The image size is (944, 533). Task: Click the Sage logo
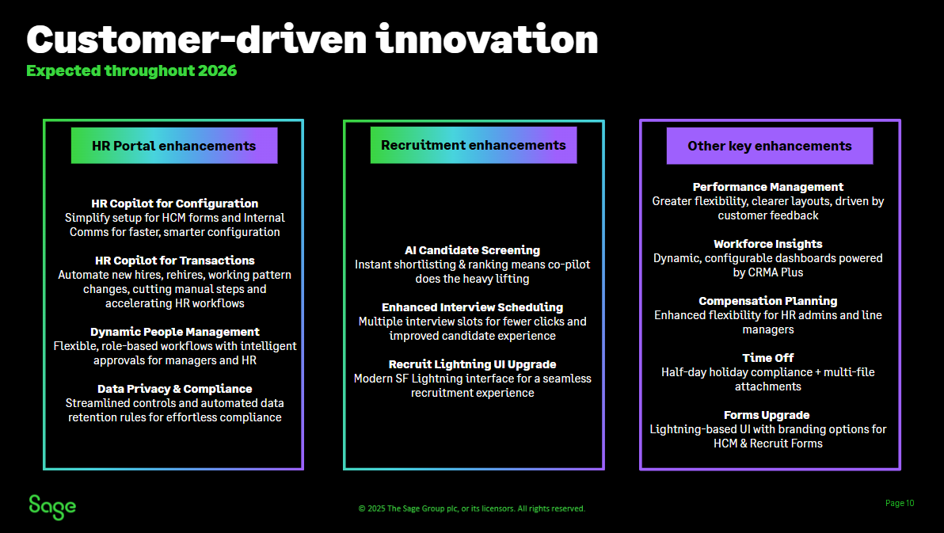(x=52, y=507)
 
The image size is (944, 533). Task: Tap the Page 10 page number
(x=899, y=503)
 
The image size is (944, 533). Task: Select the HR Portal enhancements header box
(x=174, y=146)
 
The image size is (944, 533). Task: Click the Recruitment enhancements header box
(x=473, y=145)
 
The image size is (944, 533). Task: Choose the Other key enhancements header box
(x=769, y=146)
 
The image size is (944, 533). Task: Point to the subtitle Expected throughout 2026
(x=131, y=70)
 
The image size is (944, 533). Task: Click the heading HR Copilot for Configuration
(x=174, y=204)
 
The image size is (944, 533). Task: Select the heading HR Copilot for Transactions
(x=174, y=261)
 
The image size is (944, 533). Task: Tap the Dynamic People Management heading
(x=174, y=332)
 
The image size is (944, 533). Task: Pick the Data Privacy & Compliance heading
(x=174, y=389)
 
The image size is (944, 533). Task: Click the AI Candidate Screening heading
(x=472, y=250)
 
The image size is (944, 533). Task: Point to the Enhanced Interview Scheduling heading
(x=472, y=307)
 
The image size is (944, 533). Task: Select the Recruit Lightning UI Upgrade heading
(x=472, y=364)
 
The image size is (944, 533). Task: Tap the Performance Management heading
(x=768, y=187)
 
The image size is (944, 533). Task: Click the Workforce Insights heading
(x=768, y=244)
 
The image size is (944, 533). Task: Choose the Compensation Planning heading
(x=768, y=301)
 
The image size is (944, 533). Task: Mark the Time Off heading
(x=768, y=358)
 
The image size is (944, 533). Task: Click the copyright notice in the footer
(x=472, y=508)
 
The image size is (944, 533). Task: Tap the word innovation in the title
(x=487, y=40)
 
